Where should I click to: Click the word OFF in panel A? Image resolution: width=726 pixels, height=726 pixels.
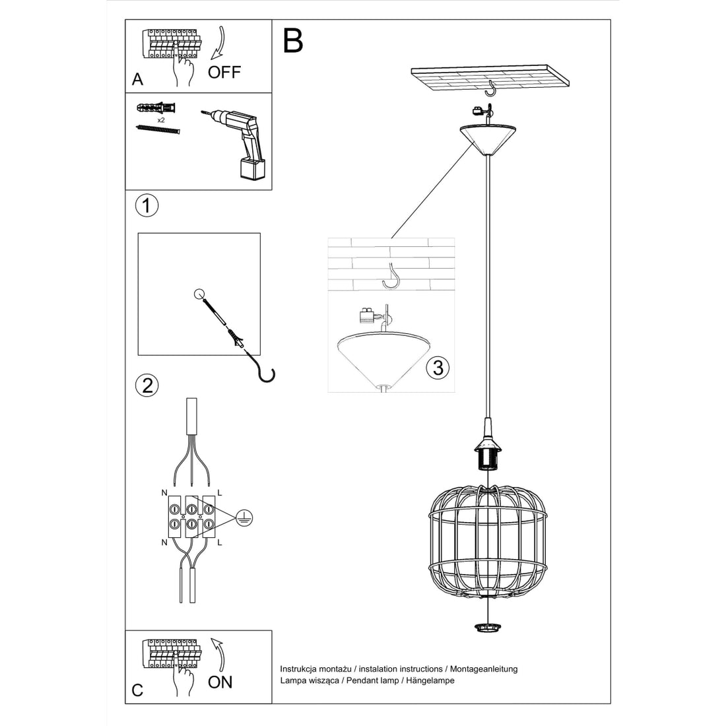[224, 73]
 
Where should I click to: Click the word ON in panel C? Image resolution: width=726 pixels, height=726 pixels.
[220, 682]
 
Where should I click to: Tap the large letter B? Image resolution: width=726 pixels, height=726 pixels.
[293, 41]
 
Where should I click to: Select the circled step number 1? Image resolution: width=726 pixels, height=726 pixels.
[147, 206]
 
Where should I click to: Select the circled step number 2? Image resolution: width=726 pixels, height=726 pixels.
[147, 385]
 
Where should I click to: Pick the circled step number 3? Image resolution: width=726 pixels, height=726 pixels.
[438, 367]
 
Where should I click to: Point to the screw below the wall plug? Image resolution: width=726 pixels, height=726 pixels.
[158, 129]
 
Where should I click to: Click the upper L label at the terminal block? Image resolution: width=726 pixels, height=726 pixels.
[220, 493]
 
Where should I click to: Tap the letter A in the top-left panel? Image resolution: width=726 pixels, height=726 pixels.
[137, 80]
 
